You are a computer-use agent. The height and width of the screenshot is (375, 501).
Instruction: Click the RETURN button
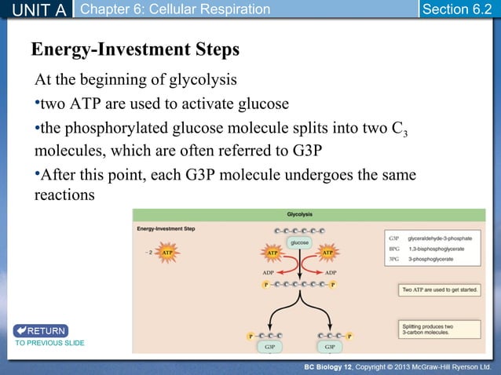40,330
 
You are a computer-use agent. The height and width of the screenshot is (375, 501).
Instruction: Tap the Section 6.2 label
456,9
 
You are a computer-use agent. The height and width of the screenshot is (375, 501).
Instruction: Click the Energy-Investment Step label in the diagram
166,228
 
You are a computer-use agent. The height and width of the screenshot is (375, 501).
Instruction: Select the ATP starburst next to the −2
166,253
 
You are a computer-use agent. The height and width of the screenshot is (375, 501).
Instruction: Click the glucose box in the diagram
299,243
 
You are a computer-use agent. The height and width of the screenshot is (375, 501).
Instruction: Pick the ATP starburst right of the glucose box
327,253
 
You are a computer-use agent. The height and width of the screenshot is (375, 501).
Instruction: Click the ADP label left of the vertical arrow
268,272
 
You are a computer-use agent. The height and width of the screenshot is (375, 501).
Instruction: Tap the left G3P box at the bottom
269,346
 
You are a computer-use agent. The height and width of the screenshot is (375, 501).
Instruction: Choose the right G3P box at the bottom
330,346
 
